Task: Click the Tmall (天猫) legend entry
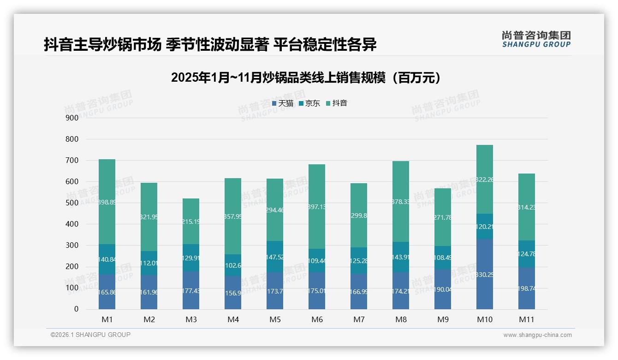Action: pyautogui.click(x=283, y=103)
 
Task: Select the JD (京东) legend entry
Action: pyautogui.click(x=309, y=103)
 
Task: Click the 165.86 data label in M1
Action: pyautogui.click(x=107, y=292)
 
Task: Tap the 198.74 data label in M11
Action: pyautogui.click(x=527, y=288)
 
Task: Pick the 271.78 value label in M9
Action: pyautogui.click(x=443, y=217)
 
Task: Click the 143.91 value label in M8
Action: pyautogui.click(x=401, y=257)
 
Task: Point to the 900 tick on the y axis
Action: pyautogui.click(x=72, y=118)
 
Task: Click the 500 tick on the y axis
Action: pyautogui.click(x=72, y=203)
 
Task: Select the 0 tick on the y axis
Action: pyautogui.click(x=76, y=309)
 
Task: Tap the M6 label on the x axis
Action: pyautogui.click(x=317, y=319)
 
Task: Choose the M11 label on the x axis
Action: pyautogui.click(x=527, y=319)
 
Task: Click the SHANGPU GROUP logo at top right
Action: pyautogui.click(x=536, y=39)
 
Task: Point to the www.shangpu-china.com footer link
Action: pyautogui.click(x=537, y=335)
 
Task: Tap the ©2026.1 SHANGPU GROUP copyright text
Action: pyautogui.click(x=90, y=335)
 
